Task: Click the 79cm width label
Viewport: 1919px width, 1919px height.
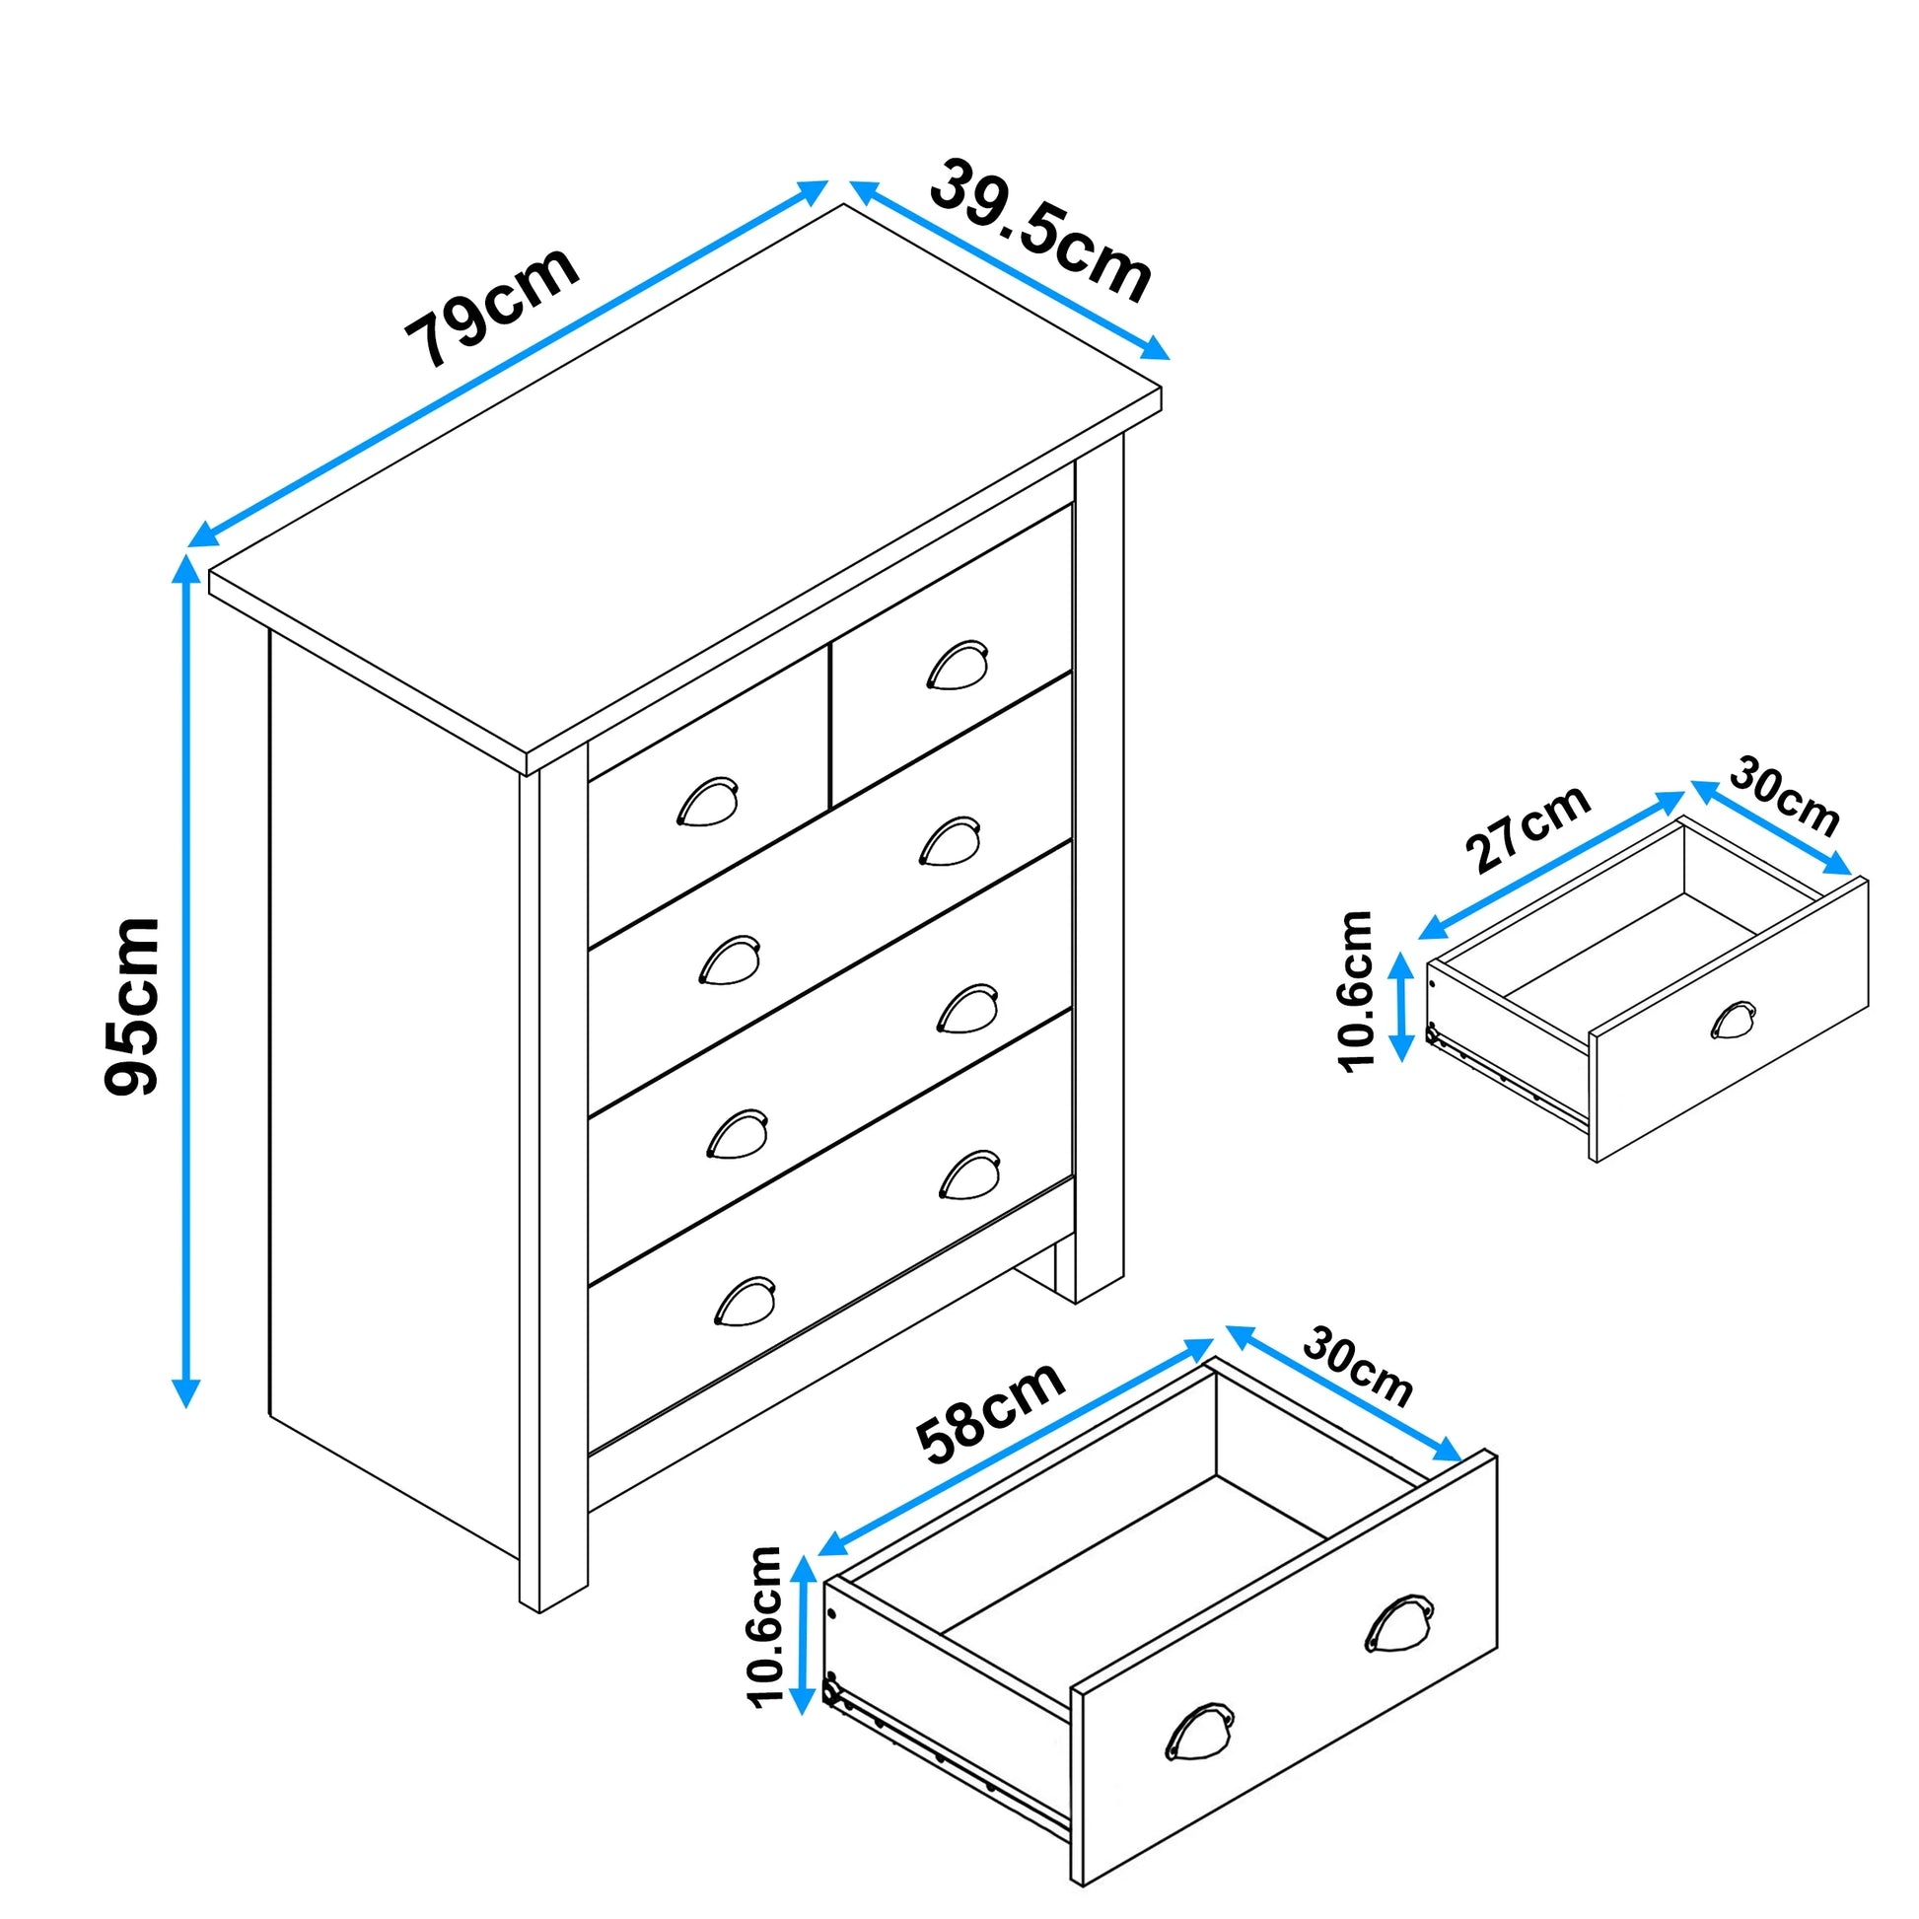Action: coord(492,305)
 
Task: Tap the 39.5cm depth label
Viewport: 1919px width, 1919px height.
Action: coord(1041,231)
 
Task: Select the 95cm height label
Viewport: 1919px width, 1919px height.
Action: coord(132,1006)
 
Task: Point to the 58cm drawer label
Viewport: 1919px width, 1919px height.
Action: coord(990,1413)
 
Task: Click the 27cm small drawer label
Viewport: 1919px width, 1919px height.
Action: coord(1528,828)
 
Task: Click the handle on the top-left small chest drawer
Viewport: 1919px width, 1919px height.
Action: coord(707,802)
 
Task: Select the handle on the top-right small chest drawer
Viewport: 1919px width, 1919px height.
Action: coord(958,665)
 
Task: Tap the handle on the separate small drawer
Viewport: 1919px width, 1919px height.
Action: coord(1734,1020)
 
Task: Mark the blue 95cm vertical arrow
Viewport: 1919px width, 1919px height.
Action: coord(185,980)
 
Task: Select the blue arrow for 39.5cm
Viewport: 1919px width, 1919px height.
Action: coord(1009,269)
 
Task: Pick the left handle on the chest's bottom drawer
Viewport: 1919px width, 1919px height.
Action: coord(745,1300)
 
